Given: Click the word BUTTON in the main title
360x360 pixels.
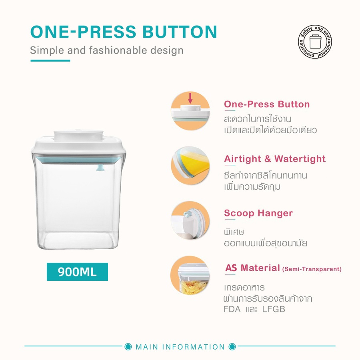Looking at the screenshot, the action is click(x=180, y=32).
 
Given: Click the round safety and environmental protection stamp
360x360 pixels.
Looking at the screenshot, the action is click(x=315, y=42).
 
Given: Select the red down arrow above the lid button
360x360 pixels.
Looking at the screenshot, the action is click(x=190, y=98).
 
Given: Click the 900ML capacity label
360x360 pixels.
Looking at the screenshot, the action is click(x=77, y=272).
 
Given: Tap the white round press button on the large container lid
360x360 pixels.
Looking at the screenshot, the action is click(x=78, y=135).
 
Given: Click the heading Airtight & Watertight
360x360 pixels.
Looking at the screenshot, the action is click(x=275, y=159).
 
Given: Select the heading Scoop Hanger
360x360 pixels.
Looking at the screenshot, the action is click(x=258, y=213).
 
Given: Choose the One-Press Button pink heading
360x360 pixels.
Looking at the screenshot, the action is click(x=267, y=104).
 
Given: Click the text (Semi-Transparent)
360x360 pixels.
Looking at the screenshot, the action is click(x=312, y=269).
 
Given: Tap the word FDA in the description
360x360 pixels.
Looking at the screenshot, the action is click(x=232, y=309).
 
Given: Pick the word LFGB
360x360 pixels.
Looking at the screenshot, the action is click(x=274, y=309).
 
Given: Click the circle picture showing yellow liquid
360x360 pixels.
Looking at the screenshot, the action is click(x=190, y=166).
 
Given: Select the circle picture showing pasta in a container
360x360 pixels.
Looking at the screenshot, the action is click(x=190, y=275).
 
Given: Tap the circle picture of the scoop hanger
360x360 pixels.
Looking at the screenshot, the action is click(x=190, y=220).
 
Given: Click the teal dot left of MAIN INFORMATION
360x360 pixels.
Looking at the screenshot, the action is click(x=128, y=346).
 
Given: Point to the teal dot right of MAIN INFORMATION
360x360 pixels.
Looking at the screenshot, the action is click(x=232, y=346).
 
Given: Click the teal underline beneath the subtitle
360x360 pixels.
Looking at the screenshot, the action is click(x=50, y=61).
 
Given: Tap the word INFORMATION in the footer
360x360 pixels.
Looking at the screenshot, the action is click(x=194, y=347).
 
